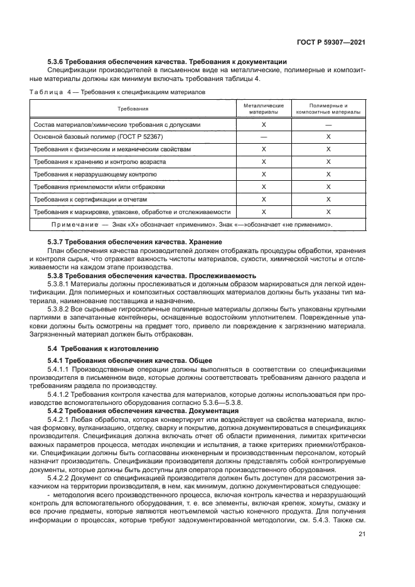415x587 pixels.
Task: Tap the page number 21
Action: coord(362,534)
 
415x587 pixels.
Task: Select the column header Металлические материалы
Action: coord(264,109)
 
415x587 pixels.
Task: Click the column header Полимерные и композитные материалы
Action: coord(328,109)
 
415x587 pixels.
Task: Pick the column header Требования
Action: coord(132,109)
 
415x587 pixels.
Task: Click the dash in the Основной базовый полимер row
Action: coord(264,136)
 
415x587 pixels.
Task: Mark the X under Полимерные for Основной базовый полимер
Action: coord(328,136)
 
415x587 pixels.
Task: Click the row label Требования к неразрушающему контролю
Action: coord(99,174)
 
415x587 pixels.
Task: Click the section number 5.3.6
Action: coord(58,62)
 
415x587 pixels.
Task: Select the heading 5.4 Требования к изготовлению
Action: coord(103,348)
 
